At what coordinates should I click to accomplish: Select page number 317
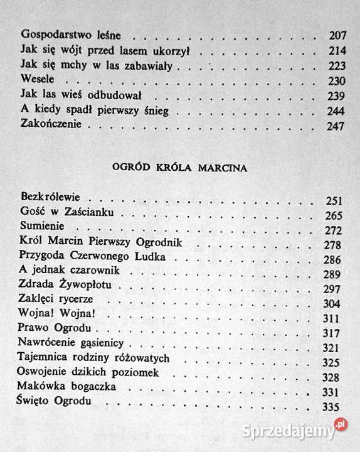334,328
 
